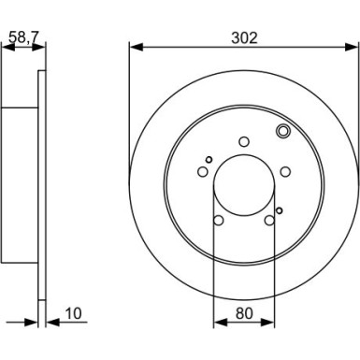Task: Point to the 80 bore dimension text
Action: pyautogui.click(x=243, y=314)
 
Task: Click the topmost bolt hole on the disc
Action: pyautogui.click(x=244, y=141)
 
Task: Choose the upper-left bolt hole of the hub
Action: pyautogui.click(x=203, y=171)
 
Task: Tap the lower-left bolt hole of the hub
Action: pyautogui.click(x=219, y=220)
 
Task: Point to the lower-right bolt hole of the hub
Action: pyautogui.click(x=269, y=220)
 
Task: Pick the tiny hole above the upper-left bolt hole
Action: pyautogui.click(x=209, y=158)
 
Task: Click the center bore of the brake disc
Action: pyautogui.click(x=244, y=184)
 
